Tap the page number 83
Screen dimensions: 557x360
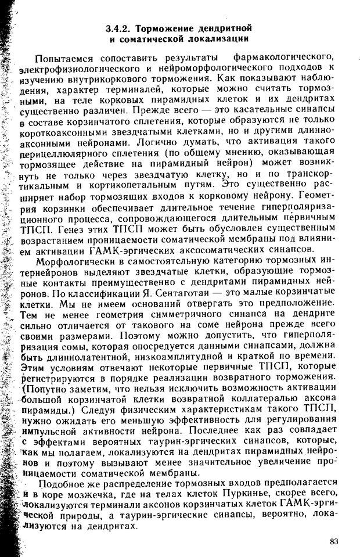(333, 542)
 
